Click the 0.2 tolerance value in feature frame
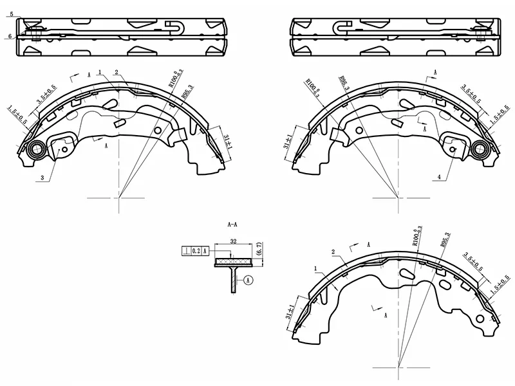(196, 252)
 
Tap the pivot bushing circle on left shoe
(36, 151)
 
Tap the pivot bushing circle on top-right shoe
(480, 150)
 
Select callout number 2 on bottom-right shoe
(333, 252)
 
